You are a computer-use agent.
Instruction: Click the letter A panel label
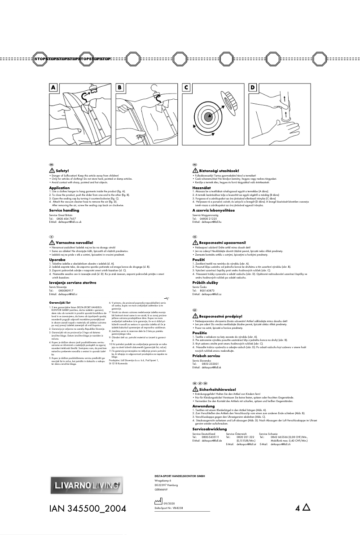pos(53,88)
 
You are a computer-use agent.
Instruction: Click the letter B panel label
pos(120,88)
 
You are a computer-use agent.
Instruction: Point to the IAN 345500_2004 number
pos(87,509)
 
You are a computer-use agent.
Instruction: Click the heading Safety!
pos(62,171)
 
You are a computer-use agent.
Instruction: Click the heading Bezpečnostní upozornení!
pos(224,243)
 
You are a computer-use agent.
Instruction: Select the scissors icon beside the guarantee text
pos(167,298)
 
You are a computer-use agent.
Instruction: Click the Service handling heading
pos(64,210)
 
